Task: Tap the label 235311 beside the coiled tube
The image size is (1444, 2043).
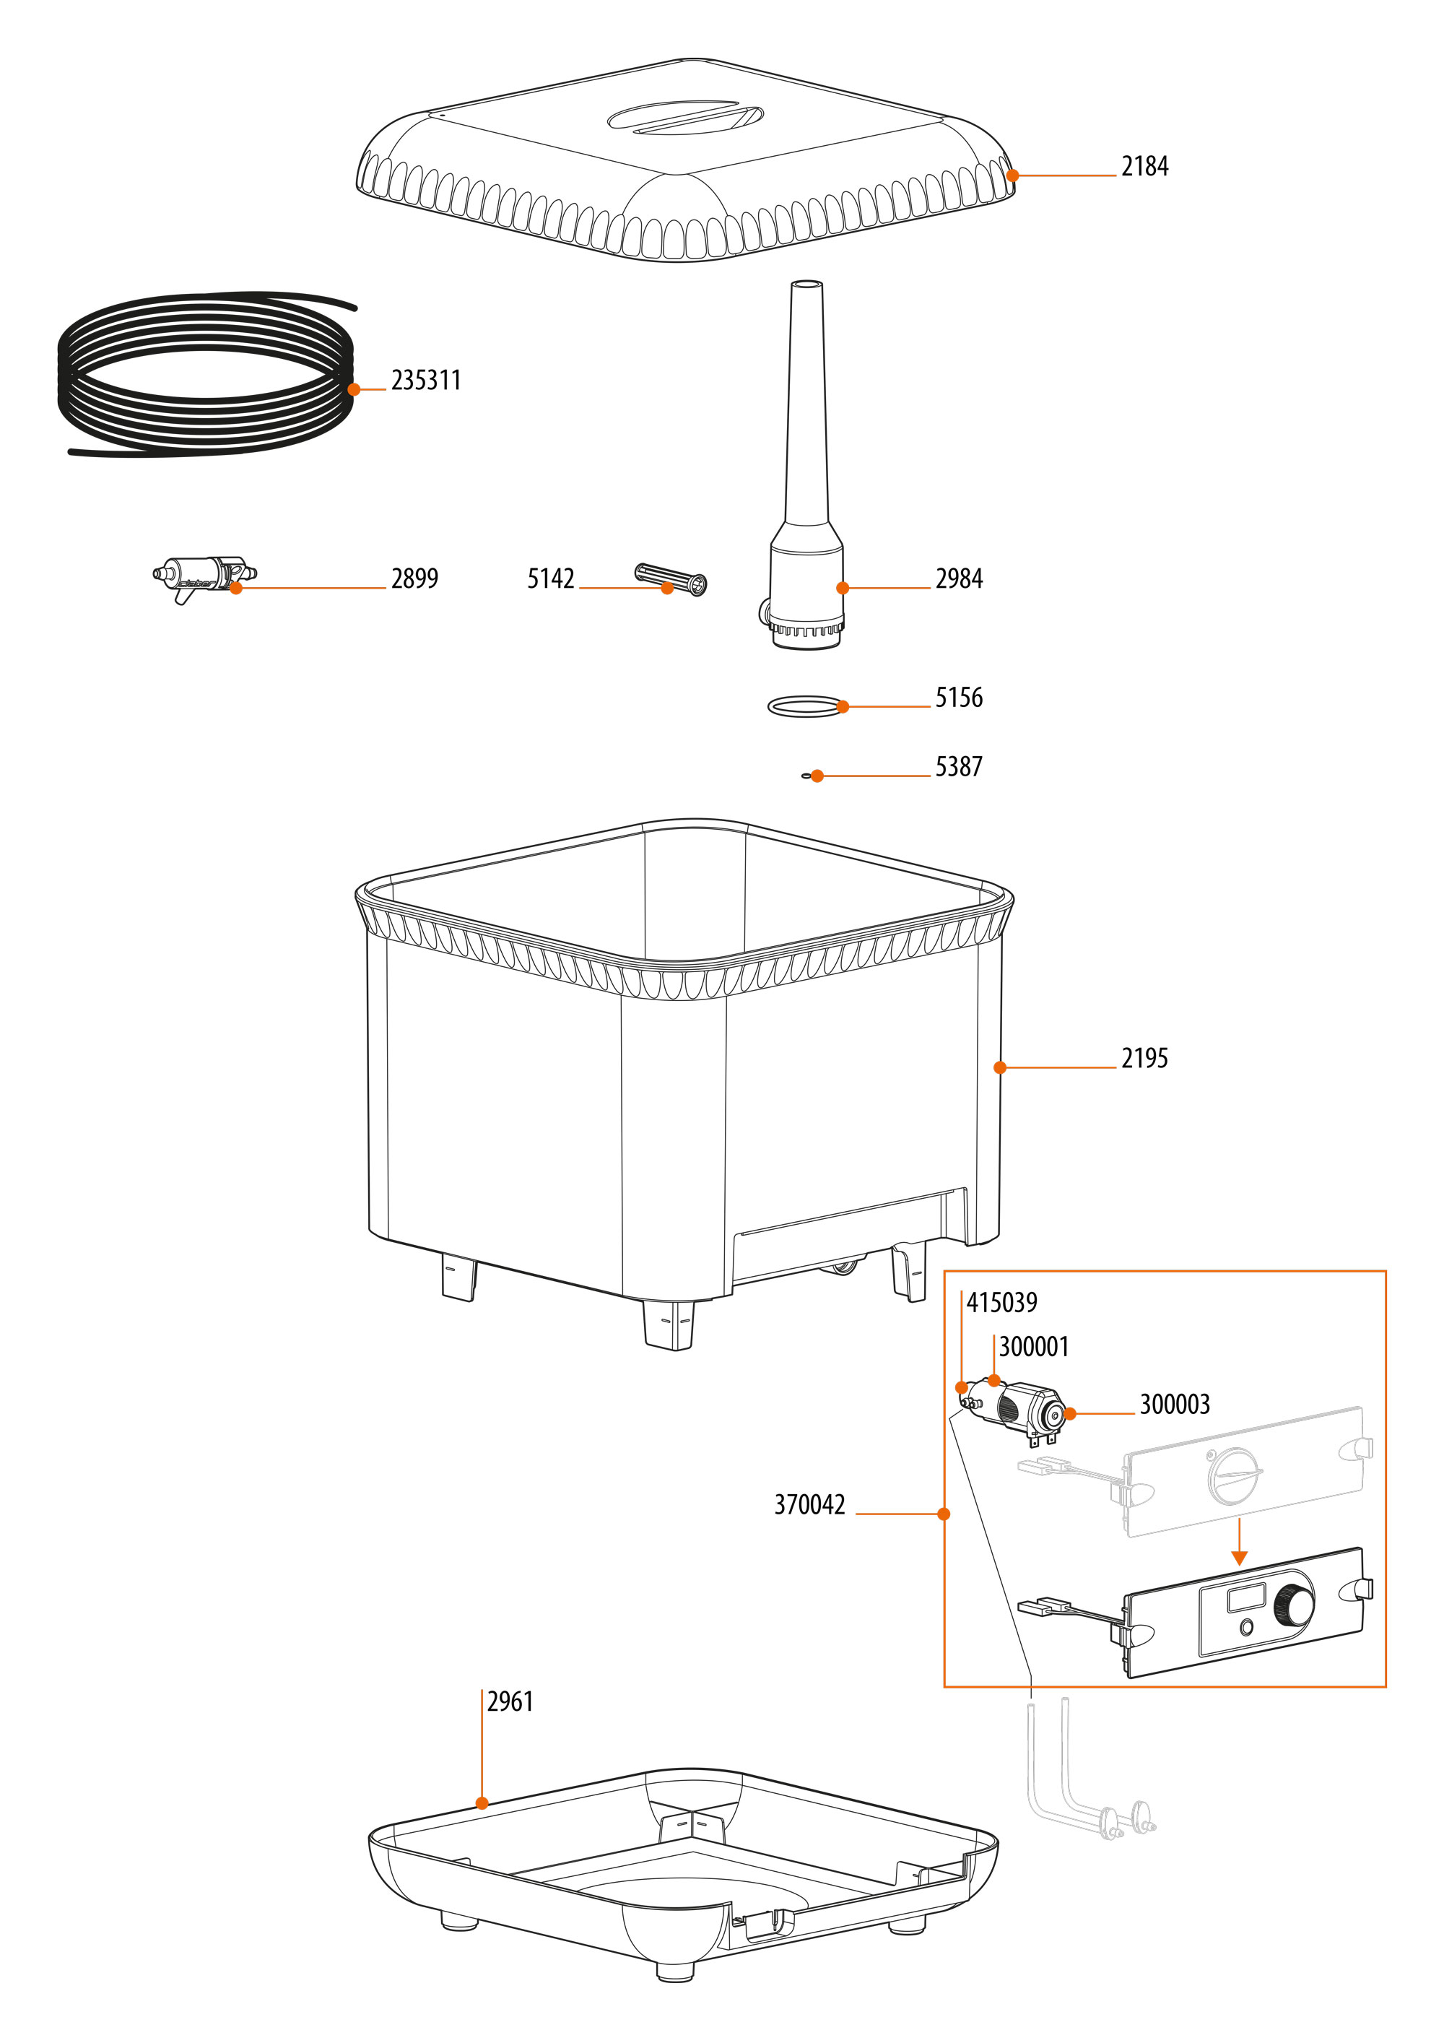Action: pyautogui.click(x=425, y=381)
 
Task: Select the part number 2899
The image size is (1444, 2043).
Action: pyautogui.click(x=414, y=579)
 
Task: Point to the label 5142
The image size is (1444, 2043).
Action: pyautogui.click(x=551, y=579)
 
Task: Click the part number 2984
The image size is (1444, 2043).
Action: pyautogui.click(x=958, y=579)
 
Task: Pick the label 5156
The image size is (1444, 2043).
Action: pyautogui.click(x=958, y=698)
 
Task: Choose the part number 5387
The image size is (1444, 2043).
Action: pyautogui.click(x=958, y=767)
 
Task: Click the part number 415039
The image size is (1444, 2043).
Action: pyautogui.click(x=1002, y=1304)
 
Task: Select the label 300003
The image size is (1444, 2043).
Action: pyautogui.click(x=1175, y=1405)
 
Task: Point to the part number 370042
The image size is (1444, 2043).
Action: pyautogui.click(x=809, y=1505)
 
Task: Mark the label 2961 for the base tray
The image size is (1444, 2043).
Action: pyautogui.click(x=510, y=1702)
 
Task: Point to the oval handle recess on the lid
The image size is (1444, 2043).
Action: pyautogui.click(x=685, y=118)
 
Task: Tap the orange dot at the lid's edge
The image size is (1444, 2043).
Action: pyautogui.click(x=1012, y=175)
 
